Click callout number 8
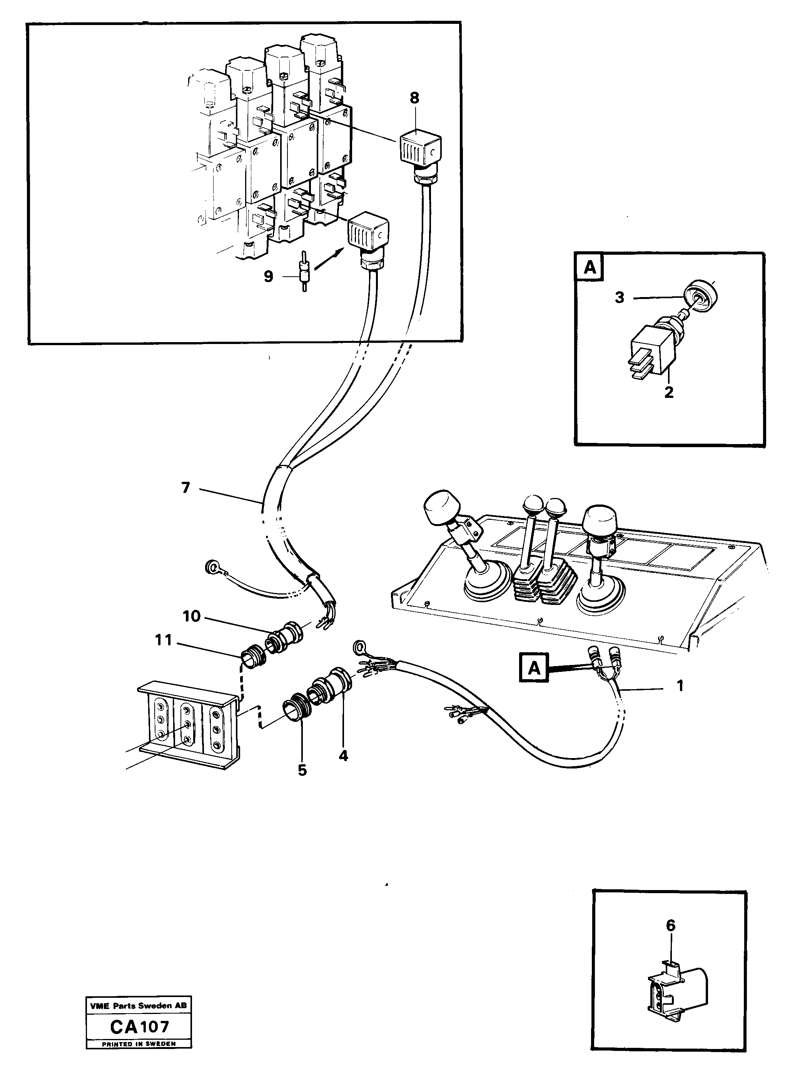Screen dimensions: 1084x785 tap(414, 98)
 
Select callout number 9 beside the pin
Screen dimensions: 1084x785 tap(269, 276)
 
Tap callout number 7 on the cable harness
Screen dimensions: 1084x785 tap(185, 488)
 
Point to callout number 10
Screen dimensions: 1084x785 tap(191, 616)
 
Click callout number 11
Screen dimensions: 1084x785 tap(164, 640)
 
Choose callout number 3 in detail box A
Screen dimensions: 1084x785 tap(620, 298)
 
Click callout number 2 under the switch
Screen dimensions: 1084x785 tap(669, 393)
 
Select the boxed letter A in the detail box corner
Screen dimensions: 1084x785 tap(590, 267)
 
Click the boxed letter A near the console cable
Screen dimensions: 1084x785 tap(534, 668)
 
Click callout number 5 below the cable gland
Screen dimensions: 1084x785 tap(302, 770)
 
